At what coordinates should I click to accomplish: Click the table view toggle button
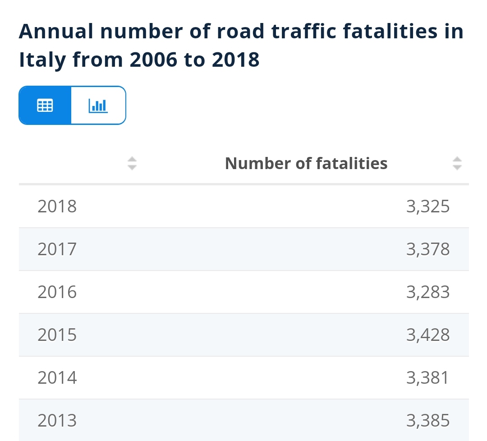click(x=45, y=105)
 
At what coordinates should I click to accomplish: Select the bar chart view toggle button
click(x=98, y=105)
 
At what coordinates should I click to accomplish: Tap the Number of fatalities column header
click(x=306, y=163)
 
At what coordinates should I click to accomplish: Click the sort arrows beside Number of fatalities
click(x=457, y=163)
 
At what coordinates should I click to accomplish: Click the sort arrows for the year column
click(x=132, y=163)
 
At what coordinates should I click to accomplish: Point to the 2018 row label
click(x=57, y=207)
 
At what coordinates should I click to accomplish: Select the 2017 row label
click(x=57, y=249)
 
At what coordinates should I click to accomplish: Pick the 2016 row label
click(x=57, y=292)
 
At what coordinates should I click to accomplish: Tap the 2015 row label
click(x=57, y=335)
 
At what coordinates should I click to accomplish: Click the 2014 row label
click(x=57, y=377)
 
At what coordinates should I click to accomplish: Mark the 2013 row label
click(x=57, y=421)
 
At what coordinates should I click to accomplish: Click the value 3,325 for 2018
click(x=427, y=207)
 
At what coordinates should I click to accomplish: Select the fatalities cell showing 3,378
click(x=427, y=249)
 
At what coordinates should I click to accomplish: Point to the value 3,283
click(x=427, y=292)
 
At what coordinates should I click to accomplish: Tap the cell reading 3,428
click(x=427, y=335)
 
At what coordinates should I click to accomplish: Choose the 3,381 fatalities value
click(x=427, y=377)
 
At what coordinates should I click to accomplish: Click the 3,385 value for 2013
click(x=427, y=421)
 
